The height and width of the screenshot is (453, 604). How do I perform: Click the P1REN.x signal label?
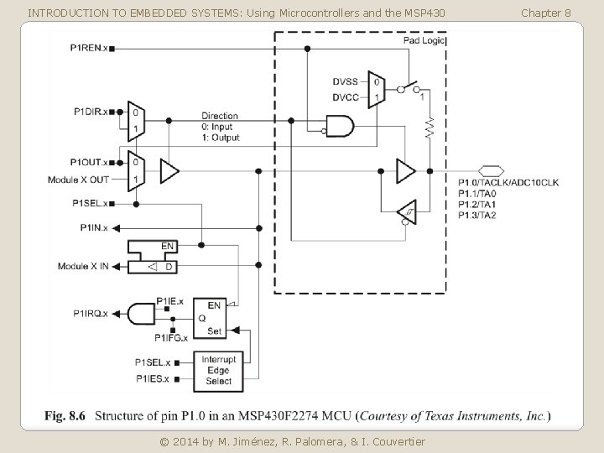(89, 49)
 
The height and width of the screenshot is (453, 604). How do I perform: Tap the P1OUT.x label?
(89, 162)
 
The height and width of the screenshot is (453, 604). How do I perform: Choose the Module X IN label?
(84, 266)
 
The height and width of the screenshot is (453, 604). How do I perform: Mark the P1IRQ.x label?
(90, 313)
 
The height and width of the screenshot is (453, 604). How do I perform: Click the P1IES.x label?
(152, 379)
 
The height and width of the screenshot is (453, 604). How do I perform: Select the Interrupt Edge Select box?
(218, 370)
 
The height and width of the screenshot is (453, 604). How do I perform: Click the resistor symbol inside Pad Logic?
(430, 128)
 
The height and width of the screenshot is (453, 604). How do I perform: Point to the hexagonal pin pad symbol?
(492, 170)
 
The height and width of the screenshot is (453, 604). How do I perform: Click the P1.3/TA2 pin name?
(477, 216)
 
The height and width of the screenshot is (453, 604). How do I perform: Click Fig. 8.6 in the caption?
(70, 417)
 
